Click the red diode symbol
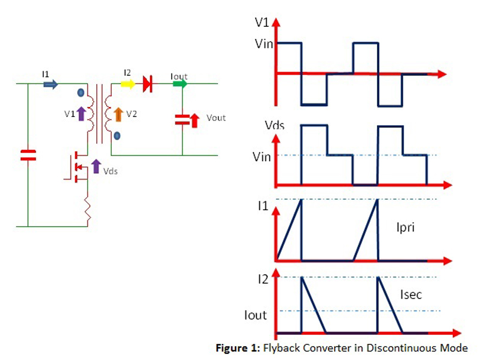tap(147, 84)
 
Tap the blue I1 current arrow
tap(51, 84)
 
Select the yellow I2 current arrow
tap(128, 84)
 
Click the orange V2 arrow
tap(118, 112)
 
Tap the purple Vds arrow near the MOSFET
tap(96, 166)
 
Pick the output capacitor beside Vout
tap(182, 119)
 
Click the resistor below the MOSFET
tap(87, 210)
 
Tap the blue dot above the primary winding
tap(80, 93)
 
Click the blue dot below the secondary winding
tap(117, 136)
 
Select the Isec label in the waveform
tap(412, 294)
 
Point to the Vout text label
tap(216, 118)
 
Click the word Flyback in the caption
tap(280, 348)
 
